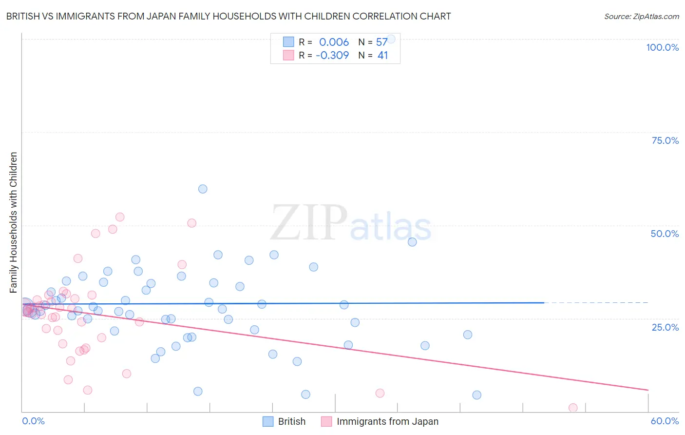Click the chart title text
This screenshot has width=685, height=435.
coord(228,16)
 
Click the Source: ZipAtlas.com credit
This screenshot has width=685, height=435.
coord(641,16)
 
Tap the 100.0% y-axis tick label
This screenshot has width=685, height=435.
coord(662,47)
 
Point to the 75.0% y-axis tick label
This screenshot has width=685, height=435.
coord(665,140)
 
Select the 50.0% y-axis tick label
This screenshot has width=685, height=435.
coord(665,234)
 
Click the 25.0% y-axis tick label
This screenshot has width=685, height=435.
coord(665,327)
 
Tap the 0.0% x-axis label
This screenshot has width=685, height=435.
coord(33,421)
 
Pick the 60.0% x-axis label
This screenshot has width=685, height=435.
coord(665,421)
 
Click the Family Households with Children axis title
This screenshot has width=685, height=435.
coord(14,222)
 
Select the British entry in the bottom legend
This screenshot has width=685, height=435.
coord(291,421)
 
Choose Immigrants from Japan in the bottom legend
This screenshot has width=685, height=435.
coord(387,421)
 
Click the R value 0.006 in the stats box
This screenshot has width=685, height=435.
coord(334,42)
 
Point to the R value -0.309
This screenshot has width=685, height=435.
coord(332,56)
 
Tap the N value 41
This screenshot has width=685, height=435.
coord(383,56)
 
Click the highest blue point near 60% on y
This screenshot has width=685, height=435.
coord(203,189)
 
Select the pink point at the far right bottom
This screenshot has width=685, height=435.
coord(573,408)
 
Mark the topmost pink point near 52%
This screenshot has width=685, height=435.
coord(120,217)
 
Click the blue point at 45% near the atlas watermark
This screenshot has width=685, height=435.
coord(412,242)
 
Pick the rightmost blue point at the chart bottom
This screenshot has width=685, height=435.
coord(476,395)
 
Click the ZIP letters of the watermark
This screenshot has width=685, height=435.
coord(308,223)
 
